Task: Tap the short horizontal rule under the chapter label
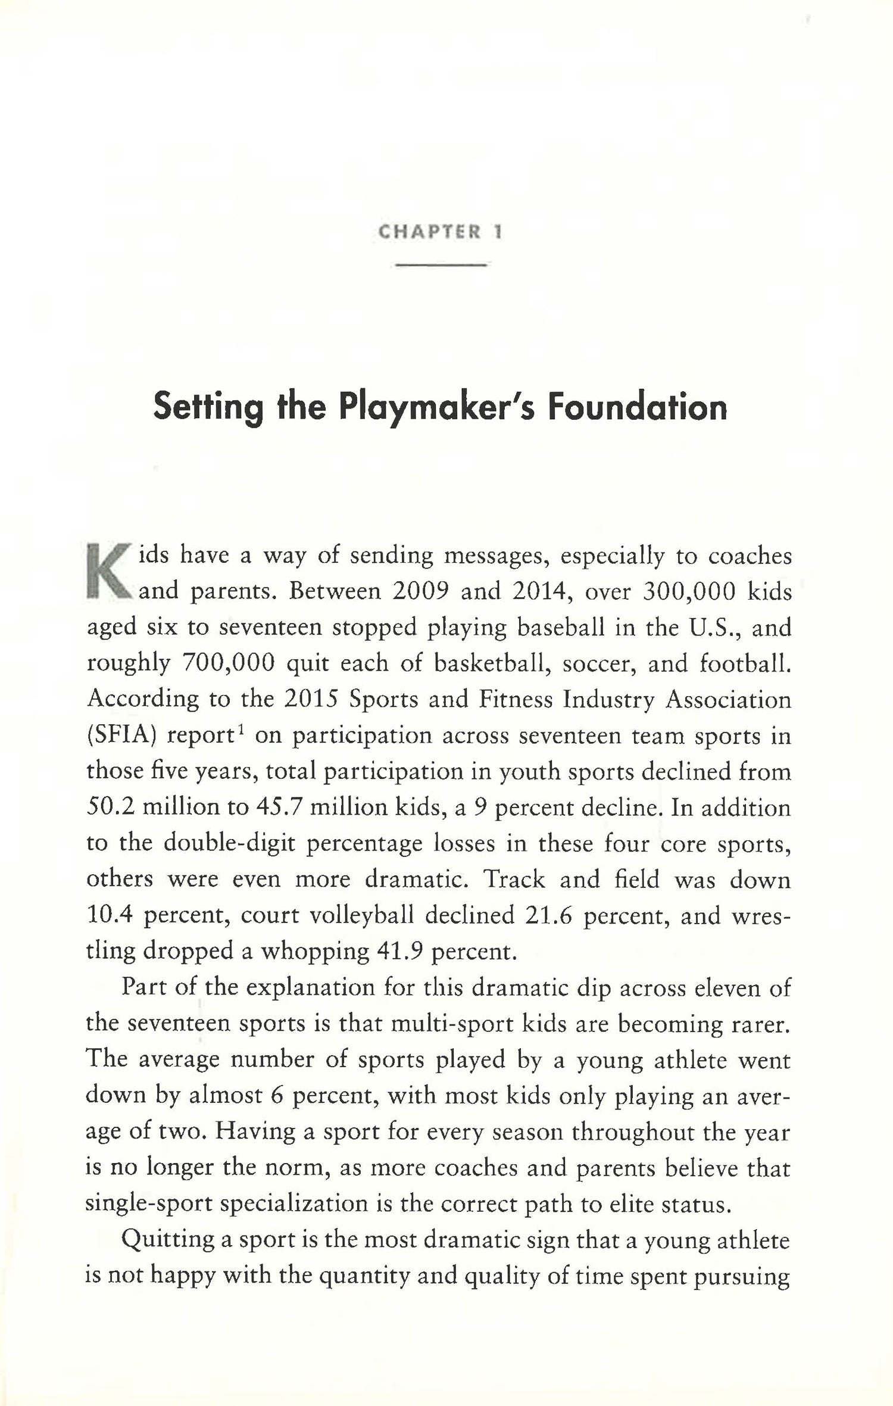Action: coord(441,265)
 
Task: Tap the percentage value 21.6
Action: coord(548,915)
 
